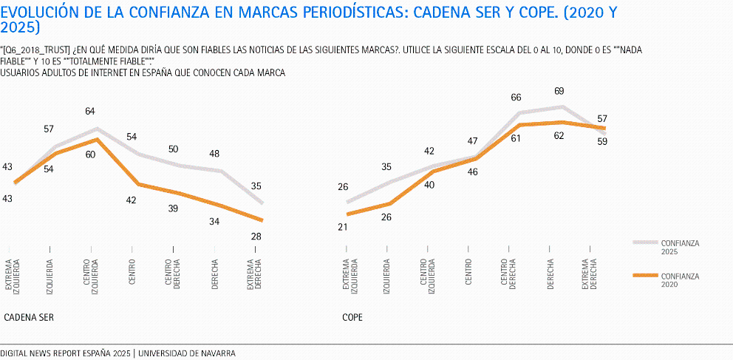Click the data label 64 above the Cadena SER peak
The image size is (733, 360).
(90, 112)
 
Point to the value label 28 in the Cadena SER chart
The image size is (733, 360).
(256, 237)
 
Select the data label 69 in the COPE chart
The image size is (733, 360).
(559, 91)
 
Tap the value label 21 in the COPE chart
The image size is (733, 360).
(342, 227)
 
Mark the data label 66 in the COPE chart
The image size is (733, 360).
(516, 98)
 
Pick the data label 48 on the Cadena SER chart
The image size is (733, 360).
(214, 154)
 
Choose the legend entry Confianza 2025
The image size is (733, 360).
(679, 246)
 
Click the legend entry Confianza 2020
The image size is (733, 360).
(679, 280)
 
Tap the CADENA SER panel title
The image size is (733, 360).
(29, 317)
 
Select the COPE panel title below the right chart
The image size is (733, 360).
(352, 317)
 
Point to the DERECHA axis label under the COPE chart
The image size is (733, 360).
(552, 274)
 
